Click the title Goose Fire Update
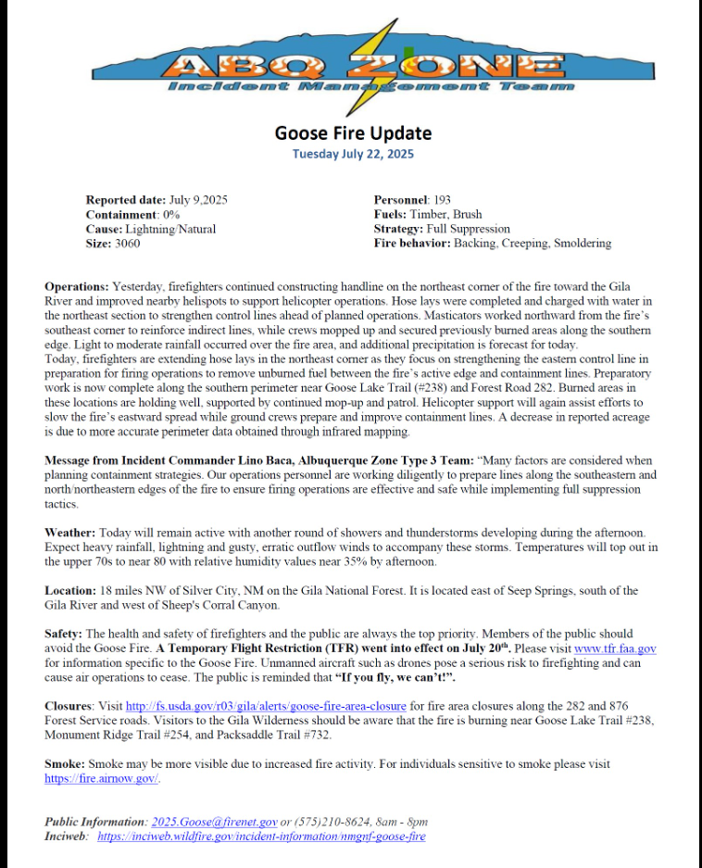tap(352, 132)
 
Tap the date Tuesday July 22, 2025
tap(352, 154)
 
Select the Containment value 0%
tap(171, 215)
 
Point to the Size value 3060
tap(128, 244)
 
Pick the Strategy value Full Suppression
tap(468, 229)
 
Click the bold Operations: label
tap(77, 287)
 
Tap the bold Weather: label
tap(69, 533)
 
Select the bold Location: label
tap(70, 591)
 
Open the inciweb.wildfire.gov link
tap(261, 837)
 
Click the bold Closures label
tap(70, 707)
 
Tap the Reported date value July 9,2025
tap(199, 200)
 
